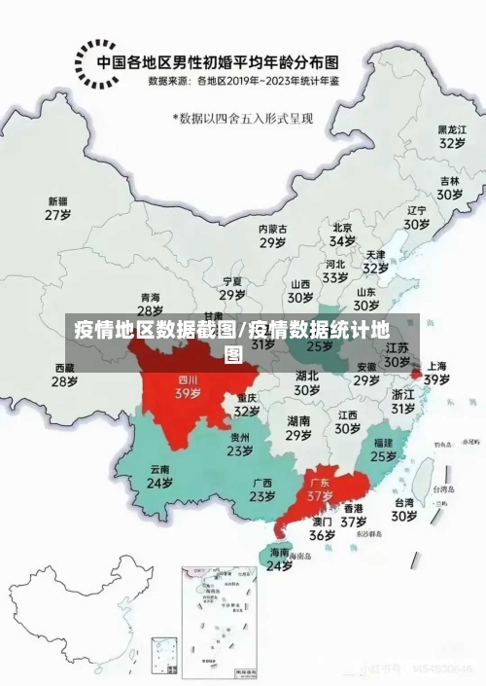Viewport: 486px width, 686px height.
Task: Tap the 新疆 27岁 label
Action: pos(59,208)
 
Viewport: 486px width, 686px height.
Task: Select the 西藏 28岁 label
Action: pos(64,375)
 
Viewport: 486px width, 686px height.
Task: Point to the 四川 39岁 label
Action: pos(187,387)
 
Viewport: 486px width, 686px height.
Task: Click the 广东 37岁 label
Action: pos(320,488)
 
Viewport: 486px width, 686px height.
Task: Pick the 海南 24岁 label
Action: pos(280,559)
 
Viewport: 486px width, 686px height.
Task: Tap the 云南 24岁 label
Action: pos(159,476)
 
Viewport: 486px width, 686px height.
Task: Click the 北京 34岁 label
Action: pos(341,234)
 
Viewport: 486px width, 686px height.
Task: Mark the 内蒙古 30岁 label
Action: pos(273,235)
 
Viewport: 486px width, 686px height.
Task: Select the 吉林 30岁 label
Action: pos(449,187)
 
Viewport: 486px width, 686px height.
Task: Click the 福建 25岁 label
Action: pos(383,449)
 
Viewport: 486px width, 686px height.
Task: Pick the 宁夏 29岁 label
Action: pos(231,288)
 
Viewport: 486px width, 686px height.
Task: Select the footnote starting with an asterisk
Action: pos(249,118)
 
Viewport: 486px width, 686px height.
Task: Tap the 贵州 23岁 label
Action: pos(241,444)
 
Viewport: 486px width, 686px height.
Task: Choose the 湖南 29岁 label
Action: pos(298,428)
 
